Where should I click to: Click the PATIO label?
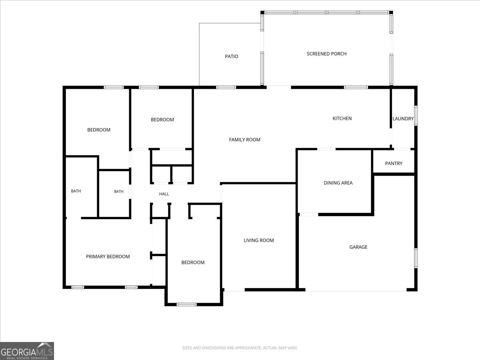pos(231,56)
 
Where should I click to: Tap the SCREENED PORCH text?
pos(326,54)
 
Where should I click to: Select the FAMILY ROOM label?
pos(244,140)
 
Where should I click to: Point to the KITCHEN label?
pos(342,118)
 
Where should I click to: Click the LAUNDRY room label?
pos(403,119)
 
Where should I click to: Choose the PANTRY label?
pos(394,164)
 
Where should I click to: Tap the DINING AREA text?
pos(338,183)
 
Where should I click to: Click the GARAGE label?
pos(358,247)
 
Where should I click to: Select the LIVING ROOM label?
pos(259,240)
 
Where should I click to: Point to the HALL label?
pos(164,194)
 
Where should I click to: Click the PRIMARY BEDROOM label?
pos(108,257)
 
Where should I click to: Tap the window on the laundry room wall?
pos(416,116)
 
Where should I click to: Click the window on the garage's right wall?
pos(416,258)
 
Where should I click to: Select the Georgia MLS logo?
pos(27,351)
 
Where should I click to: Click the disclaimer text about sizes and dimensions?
pos(240,348)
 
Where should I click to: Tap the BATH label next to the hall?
pos(119,192)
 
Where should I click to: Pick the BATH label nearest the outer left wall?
pos(76,191)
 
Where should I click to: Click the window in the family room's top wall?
pos(226,88)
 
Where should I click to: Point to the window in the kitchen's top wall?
pos(356,88)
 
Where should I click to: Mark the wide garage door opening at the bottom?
pos(356,291)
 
